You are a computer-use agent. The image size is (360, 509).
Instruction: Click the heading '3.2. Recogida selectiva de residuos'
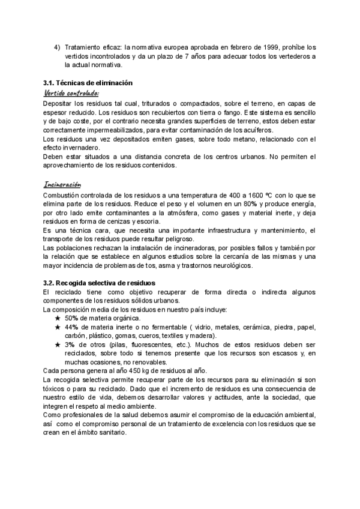[x=99, y=283]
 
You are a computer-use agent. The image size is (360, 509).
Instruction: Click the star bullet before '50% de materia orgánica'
[x=57, y=318]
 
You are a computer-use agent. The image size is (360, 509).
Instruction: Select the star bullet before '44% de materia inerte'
[x=57, y=327]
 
